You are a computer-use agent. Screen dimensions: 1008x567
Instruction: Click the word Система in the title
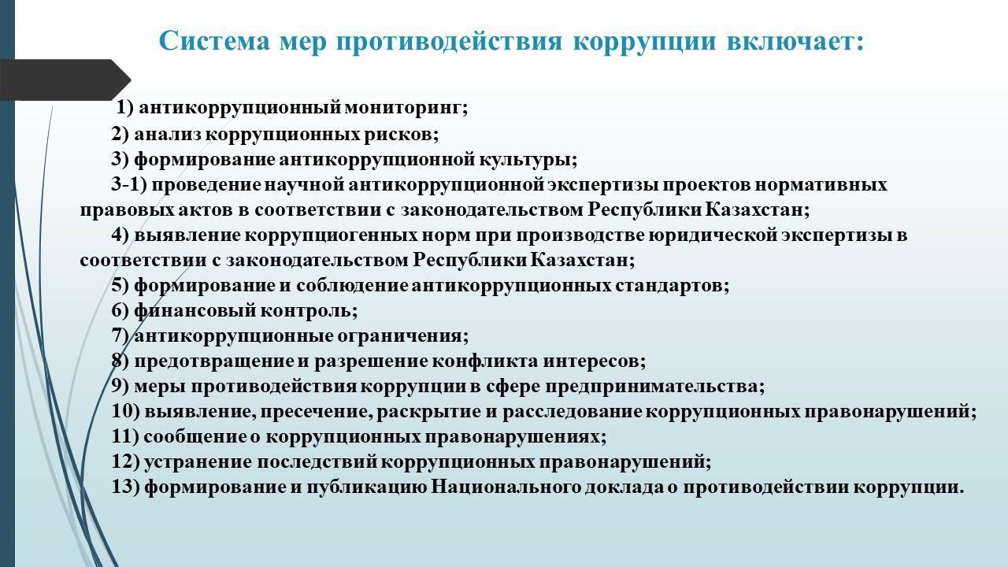point(215,41)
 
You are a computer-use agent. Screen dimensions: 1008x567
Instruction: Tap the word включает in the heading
point(795,41)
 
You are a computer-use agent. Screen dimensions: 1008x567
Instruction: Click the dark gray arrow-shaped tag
point(65,80)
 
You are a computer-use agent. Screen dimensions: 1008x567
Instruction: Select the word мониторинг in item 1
point(406,108)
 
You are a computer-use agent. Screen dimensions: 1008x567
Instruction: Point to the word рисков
point(401,134)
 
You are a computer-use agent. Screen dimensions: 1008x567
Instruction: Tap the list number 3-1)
point(129,184)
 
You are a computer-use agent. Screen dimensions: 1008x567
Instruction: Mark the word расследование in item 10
point(573,412)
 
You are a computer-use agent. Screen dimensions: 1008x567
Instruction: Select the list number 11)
point(125,436)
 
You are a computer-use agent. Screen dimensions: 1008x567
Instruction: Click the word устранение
point(198,462)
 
